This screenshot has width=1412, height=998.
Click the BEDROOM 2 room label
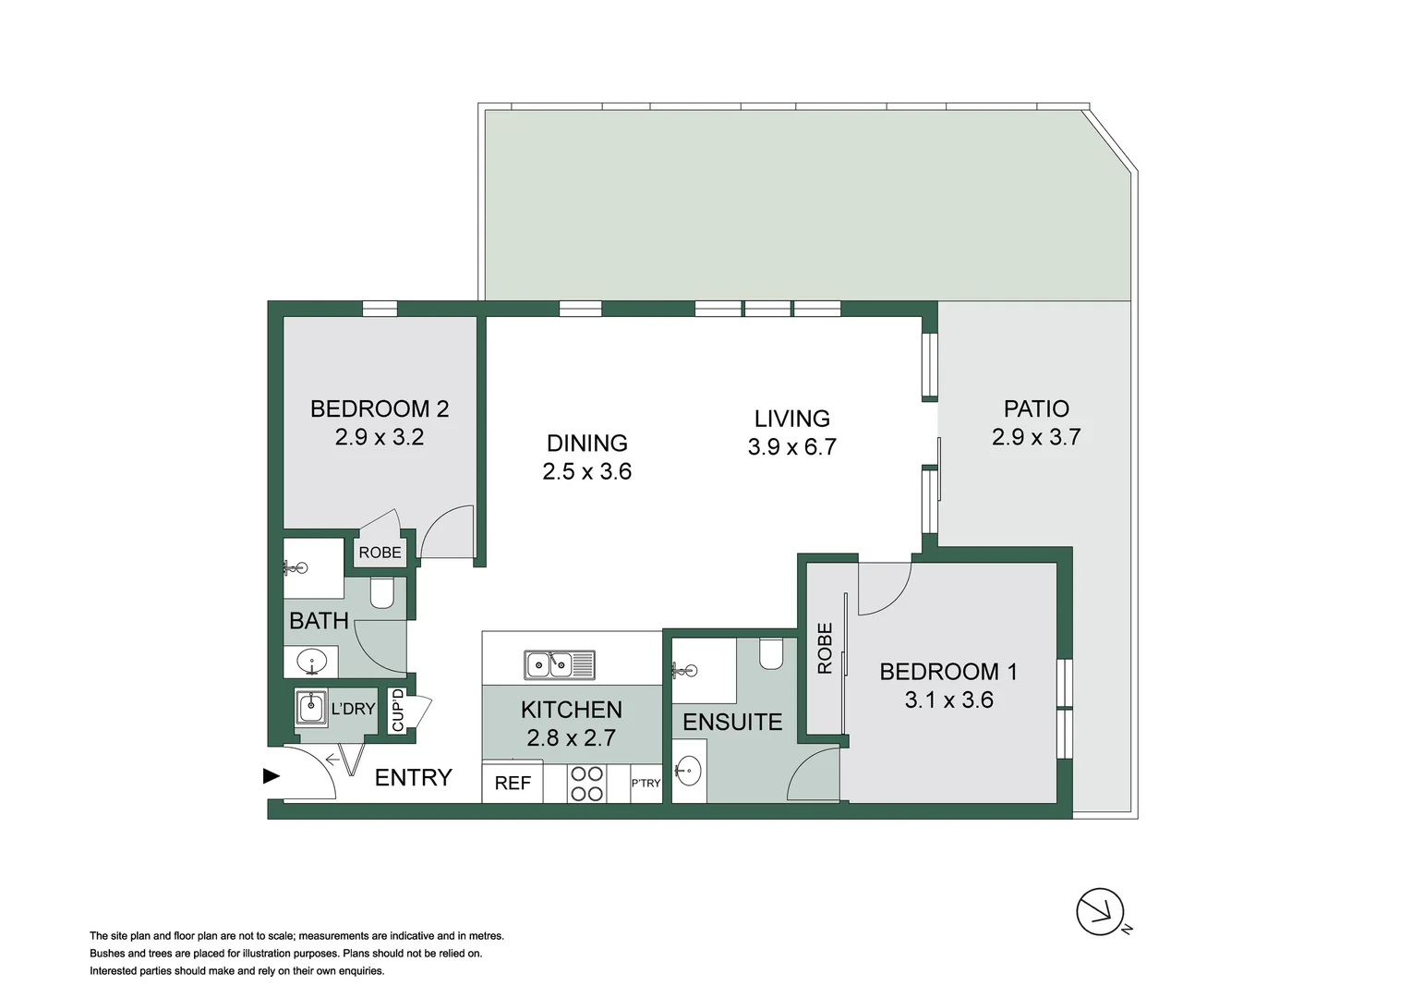click(x=379, y=408)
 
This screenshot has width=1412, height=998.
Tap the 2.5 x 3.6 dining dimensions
click(x=586, y=471)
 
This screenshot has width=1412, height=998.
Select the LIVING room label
click(x=791, y=419)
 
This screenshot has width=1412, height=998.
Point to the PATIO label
click(x=1035, y=408)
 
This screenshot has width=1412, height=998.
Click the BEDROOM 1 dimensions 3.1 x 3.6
click(x=948, y=700)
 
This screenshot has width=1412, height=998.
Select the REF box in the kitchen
click(x=513, y=783)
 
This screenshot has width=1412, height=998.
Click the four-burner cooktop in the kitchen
click(x=586, y=784)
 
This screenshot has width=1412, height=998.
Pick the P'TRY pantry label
click(x=646, y=783)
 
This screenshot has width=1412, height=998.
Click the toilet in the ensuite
click(x=770, y=653)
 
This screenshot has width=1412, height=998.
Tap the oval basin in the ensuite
click(x=687, y=768)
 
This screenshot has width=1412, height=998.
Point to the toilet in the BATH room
click(x=381, y=591)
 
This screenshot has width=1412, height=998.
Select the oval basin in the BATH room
click(x=311, y=662)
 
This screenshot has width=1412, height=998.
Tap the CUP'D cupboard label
click(x=398, y=710)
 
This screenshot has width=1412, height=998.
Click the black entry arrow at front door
click(x=272, y=776)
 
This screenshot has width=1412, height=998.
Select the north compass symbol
click(x=1100, y=911)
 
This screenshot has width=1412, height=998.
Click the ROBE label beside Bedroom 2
click(x=380, y=553)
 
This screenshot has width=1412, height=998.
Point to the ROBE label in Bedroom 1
click(x=825, y=648)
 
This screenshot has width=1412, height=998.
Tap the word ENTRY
click(x=413, y=777)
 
